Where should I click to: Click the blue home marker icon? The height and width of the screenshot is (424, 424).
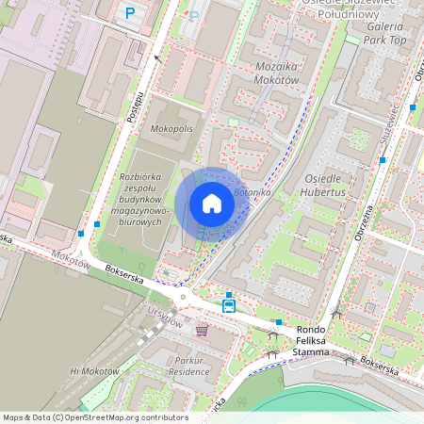212,203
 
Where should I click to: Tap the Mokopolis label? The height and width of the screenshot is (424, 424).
171,127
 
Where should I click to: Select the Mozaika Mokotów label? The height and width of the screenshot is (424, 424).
276,73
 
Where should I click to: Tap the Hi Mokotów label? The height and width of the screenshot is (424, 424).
94,371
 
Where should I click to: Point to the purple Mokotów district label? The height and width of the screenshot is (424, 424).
70,259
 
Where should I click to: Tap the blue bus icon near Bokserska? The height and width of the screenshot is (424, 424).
229,305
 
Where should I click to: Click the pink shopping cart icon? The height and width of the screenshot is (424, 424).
202,329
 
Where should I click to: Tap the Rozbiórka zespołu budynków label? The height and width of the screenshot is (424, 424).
144,199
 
